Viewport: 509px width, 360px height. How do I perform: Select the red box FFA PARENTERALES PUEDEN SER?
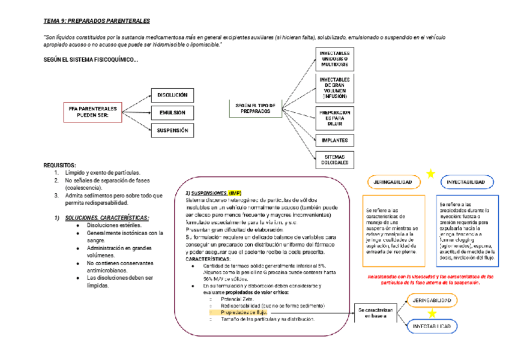point(92,112)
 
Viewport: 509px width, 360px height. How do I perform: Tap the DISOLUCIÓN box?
point(172,95)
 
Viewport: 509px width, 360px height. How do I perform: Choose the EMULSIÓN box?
point(172,112)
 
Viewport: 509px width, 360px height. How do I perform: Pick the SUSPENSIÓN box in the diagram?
point(172,130)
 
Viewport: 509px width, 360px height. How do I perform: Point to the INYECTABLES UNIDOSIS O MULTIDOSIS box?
point(334,60)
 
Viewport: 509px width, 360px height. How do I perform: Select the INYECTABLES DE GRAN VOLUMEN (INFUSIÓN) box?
point(334,88)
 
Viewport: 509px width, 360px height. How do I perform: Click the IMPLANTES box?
point(334,140)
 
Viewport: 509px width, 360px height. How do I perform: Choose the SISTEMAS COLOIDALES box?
point(334,159)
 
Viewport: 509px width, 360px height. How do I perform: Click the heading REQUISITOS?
point(60,164)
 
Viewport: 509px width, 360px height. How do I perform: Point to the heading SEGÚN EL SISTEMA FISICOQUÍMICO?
point(91,60)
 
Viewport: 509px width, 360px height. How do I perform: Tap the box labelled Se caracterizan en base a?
point(375,313)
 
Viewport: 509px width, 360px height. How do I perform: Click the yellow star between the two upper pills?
point(430,174)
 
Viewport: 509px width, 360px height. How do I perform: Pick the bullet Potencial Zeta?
point(238,299)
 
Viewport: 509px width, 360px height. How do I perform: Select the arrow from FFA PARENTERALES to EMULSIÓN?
point(136,112)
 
